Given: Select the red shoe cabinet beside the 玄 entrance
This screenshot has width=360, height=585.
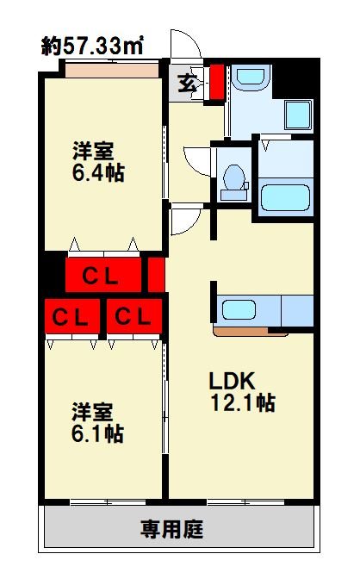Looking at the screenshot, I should [216, 80].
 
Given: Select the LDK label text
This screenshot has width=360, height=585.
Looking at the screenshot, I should [231, 382].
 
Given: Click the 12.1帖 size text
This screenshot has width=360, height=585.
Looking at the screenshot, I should [241, 402].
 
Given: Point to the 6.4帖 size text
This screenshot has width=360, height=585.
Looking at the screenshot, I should [97, 172].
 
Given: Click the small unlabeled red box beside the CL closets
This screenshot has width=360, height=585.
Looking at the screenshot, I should [156, 275].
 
